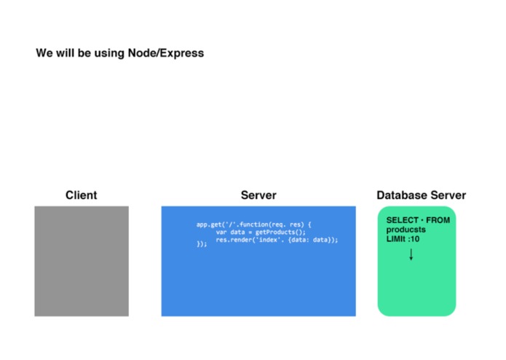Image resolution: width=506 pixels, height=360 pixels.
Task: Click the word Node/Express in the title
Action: point(166,53)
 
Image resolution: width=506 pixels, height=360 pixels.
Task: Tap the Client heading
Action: point(82,195)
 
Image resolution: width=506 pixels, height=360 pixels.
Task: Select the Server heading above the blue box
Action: point(258,195)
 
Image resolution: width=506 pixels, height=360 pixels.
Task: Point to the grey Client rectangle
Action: point(82,261)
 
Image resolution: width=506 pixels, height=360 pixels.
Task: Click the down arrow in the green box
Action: point(411,254)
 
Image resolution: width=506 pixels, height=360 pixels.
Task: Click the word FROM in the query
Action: point(438,220)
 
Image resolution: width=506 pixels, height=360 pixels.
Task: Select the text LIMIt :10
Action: point(403,239)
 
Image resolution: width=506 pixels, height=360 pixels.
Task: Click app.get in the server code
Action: point(209,224)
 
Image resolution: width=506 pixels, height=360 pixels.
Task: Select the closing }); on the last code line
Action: point(202,244)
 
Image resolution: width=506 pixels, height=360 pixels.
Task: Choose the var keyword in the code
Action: point(221,232)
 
